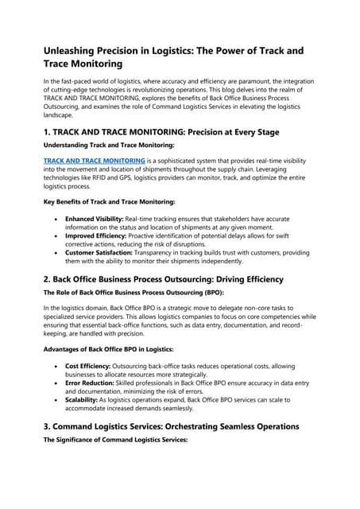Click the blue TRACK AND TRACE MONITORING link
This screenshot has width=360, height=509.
pyautogui.click(x=94, y=161)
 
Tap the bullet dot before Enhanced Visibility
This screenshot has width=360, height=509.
pyautogui.click(x=55, y=218)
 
